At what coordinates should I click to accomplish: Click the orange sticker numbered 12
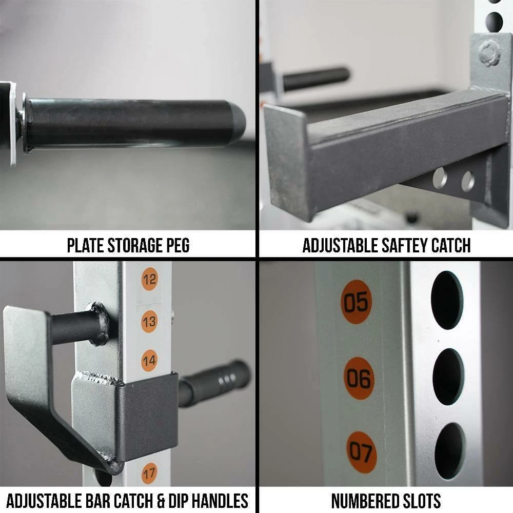point(149,279)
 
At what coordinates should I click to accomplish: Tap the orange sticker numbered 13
point(149,322)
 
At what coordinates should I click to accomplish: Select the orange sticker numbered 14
point(149,361)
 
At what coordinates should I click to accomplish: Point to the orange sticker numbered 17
point(149,473)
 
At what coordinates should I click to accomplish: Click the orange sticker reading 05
point(357,302)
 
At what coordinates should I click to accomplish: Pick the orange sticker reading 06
point(359,379)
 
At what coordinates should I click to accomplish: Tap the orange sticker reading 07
point(362,452)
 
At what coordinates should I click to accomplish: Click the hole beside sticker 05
point(447,300)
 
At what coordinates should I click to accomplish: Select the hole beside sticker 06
point(448,377)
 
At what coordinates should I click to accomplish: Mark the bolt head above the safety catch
point(489,54)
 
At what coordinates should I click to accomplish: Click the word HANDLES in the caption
point(220,501)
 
